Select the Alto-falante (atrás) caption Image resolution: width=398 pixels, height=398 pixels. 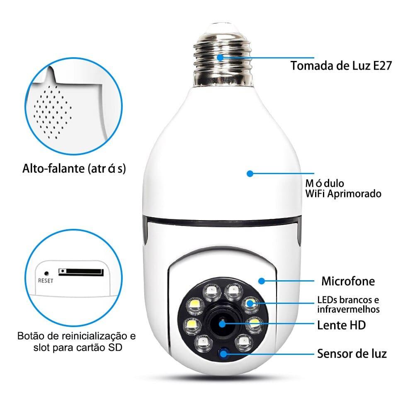click(74, 169)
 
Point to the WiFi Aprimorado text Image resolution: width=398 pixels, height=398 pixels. click(343, 194)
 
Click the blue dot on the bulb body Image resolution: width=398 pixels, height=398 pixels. click(250, 174)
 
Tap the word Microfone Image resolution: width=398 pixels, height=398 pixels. click(348, 282)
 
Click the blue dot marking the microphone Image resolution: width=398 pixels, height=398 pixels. click(261, 281)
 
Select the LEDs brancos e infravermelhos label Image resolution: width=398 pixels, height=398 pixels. click(348, 304)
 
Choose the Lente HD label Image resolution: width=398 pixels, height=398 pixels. click(341, 325)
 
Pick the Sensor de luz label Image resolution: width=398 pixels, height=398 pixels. click(352, 354)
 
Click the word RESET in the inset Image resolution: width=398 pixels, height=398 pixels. click(46, 280)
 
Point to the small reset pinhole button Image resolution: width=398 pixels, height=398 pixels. click(46, 273)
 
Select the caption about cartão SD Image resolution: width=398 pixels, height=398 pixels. click(76, 341)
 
